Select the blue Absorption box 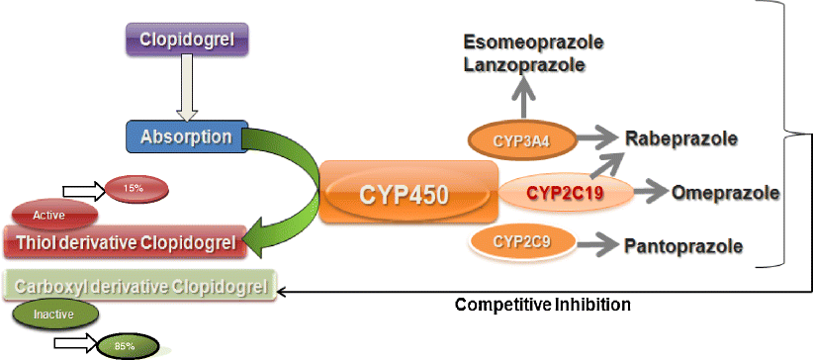[x=186, y=135]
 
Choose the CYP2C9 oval [x=521, y=240]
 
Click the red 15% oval [x=134, y=189]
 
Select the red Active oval [x=54, y=215]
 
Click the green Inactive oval [x=55, y=315]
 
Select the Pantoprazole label [x=682, y=243]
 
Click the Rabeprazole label [x=681, y=138]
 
